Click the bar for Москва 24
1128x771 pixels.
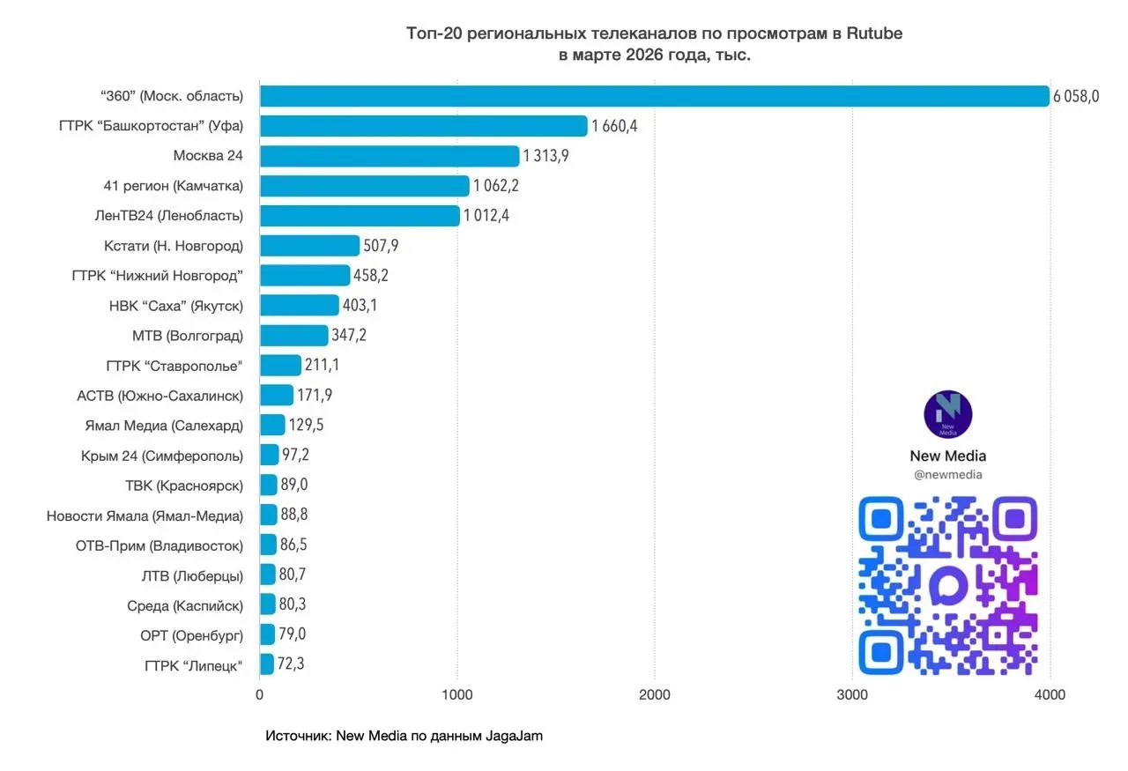point(390,156)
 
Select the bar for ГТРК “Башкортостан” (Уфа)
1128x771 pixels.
point(423,126)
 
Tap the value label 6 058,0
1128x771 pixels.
point(1076,96)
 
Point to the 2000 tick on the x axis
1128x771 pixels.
point(655,694)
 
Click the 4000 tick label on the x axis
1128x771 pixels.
point(1050,694)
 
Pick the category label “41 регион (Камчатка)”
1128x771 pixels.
point(174,186)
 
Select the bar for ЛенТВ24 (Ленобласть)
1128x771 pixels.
point(360,216)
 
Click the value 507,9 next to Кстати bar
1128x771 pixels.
point(381,245)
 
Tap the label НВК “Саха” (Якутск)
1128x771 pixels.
point(175,306)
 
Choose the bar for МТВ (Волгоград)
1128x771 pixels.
point(293,336)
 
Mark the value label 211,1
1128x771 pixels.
point(323,365)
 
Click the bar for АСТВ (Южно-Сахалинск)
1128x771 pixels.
point(276,395)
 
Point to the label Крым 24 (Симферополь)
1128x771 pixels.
point(162,456)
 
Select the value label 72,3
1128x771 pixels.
point(291,664)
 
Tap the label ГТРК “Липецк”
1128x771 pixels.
point(194,664)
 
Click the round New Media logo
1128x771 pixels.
point(947,414)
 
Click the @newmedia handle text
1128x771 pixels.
point(947,475)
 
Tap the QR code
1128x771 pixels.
point(947,586)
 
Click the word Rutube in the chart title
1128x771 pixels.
point(874,33)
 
